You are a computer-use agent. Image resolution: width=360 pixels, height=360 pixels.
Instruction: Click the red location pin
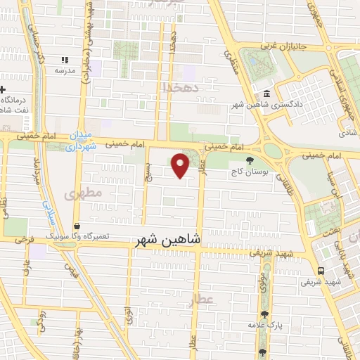click(181, 165)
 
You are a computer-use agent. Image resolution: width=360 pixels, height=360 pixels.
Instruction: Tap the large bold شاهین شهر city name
click(167, 240)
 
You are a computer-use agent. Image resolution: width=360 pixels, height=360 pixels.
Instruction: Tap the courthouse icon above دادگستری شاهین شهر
click(266, 94)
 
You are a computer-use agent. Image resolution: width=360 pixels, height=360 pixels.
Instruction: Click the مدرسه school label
click(65, 70)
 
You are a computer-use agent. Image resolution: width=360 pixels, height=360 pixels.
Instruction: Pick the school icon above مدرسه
click(65, 60)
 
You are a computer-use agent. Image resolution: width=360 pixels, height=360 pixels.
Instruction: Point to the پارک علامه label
click(264, 326)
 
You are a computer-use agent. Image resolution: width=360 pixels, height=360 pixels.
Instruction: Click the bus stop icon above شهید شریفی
click(321, 271)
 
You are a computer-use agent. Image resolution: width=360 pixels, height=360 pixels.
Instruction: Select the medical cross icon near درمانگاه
click(3, 89)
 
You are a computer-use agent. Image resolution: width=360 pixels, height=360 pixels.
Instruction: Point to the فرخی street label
click(26, 240)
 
